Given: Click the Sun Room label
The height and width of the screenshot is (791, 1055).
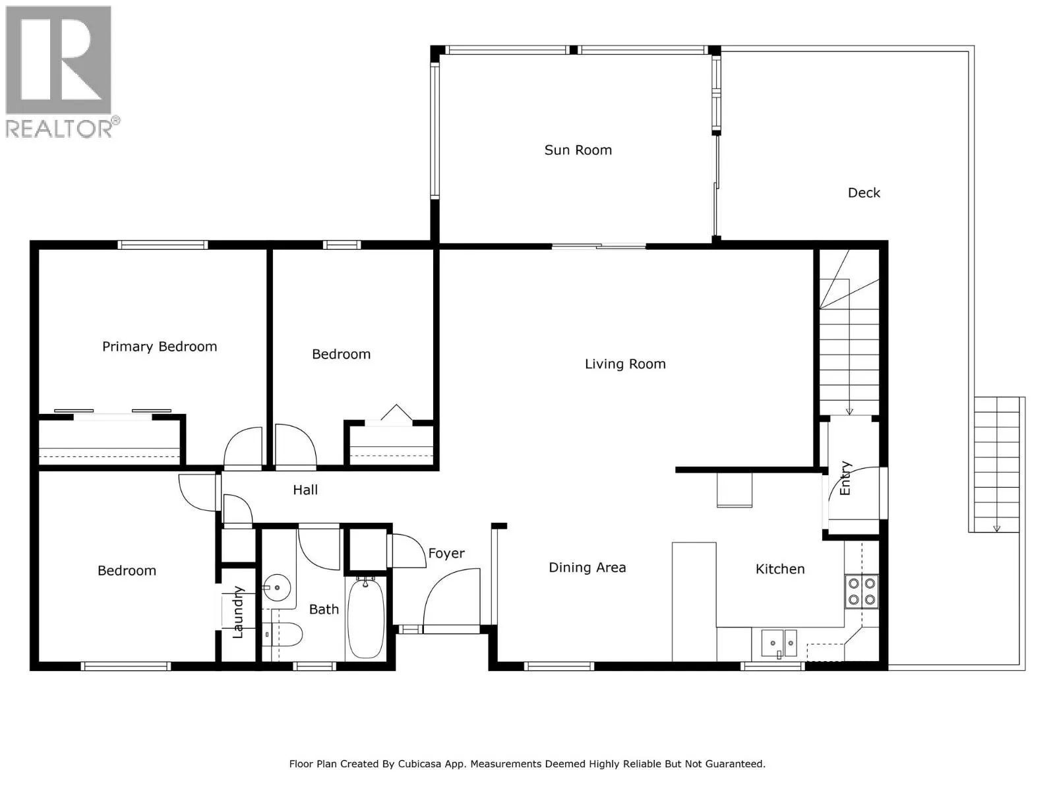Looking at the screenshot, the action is coord(578,150).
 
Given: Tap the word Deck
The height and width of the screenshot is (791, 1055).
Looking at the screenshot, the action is coord(864,193).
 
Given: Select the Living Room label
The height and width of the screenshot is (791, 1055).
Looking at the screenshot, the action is coord(625,364).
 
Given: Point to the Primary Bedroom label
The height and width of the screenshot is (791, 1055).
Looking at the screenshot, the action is coord(160,347).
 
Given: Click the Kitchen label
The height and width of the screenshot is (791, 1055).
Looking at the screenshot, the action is coord(779,569).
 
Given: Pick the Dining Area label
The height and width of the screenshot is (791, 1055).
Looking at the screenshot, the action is coord(587,568).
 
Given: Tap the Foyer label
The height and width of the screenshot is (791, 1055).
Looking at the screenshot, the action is coord(446,554).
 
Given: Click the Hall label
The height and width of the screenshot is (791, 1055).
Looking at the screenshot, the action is coord(305,490).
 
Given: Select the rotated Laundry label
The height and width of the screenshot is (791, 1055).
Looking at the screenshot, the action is coord(238,612).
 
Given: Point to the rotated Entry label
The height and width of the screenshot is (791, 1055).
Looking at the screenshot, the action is coord(845,479).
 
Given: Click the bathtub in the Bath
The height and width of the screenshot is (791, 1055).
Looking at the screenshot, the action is coord(366,618).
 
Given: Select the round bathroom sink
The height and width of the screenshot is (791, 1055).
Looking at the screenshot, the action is coord(277,587).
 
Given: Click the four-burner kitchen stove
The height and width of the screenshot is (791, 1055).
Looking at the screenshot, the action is coord(861,592).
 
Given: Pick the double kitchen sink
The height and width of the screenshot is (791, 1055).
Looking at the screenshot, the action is coord(779,643).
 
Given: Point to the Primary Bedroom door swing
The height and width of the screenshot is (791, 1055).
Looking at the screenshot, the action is coord(243,446).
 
